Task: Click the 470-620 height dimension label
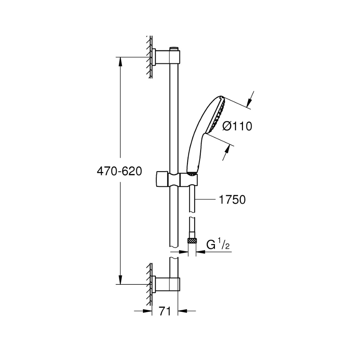pyautogui.click(x=120, y=171)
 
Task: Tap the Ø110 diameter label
pyautogui.click(x=237, y=126)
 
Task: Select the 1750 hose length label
pyautogui.click(x=232, y=199)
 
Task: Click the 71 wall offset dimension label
pyautogui.click(x=165, y=311)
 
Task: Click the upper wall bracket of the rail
pyautogui.click(x=166, y=57)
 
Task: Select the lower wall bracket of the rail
pyautogui.click(x=166, y=284)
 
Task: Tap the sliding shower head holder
pyautogui.click(x=177, y=180)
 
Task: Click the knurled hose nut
pyautogui.click(x=192, y=241)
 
